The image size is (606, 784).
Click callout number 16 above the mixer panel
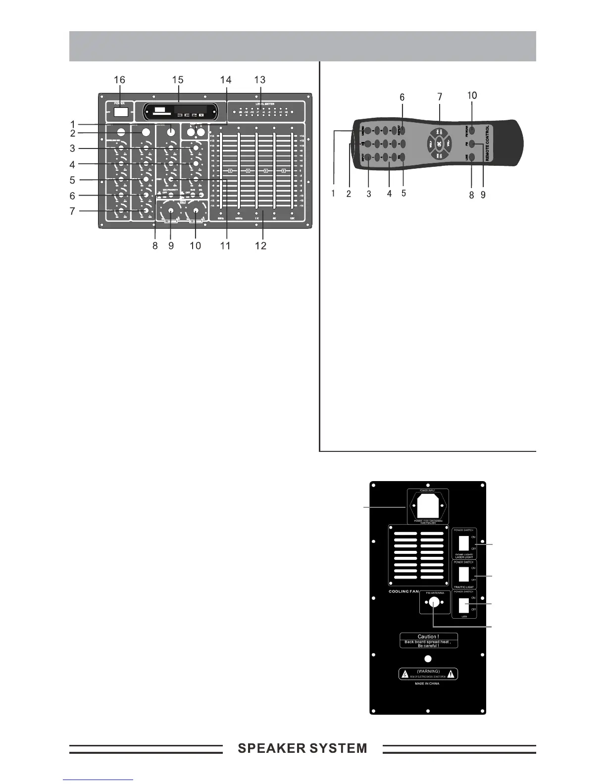[119, 80]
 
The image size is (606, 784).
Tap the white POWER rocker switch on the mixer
[121, 112]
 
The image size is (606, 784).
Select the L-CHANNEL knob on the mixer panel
[171, 211]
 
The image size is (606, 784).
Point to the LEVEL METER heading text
[265, 104]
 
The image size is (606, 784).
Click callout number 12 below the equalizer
[260, 245]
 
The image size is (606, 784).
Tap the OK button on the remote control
[439, 144]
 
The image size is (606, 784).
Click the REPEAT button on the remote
[402, 131]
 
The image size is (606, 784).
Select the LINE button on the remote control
[471, 157]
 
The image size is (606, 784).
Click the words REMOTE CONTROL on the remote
[488, 143]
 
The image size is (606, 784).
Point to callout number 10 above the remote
[472, 95]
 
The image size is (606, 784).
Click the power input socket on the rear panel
[428, 506]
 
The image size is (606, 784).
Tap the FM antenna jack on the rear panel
[434, 602]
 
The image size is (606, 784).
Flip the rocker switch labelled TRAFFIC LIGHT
[464, 574]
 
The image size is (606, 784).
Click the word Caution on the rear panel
[428, 637]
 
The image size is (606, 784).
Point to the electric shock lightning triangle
[405, 674]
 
